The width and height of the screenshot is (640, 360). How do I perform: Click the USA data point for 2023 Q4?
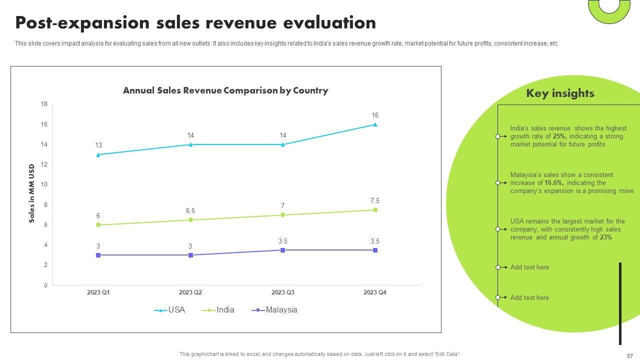tap(375, 124)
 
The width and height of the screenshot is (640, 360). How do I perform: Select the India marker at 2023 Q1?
tap(98, 225)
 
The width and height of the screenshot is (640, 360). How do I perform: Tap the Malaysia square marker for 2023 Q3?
tap(282, 250)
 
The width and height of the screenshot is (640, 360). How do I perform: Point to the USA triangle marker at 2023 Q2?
tap(190, 144)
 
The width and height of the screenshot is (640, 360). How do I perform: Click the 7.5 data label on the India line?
tap(375, 200)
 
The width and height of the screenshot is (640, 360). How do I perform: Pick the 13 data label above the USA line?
tap(98, 145)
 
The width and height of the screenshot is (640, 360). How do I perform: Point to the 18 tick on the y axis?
tap(44, 104)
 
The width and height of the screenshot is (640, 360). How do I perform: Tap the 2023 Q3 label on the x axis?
tap(282, 292)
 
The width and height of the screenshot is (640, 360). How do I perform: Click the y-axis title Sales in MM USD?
tap(32, 193)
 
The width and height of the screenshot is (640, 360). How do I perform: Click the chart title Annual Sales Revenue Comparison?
tap(225, 90)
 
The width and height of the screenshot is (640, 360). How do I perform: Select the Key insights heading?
tap(560, 93)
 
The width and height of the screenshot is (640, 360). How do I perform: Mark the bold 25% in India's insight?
tap(558, 136)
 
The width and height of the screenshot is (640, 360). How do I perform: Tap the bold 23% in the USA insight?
tap(606, 237)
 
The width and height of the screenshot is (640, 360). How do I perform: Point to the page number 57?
tap(629, 356)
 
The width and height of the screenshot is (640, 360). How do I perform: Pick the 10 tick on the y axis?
tap(44, 184)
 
